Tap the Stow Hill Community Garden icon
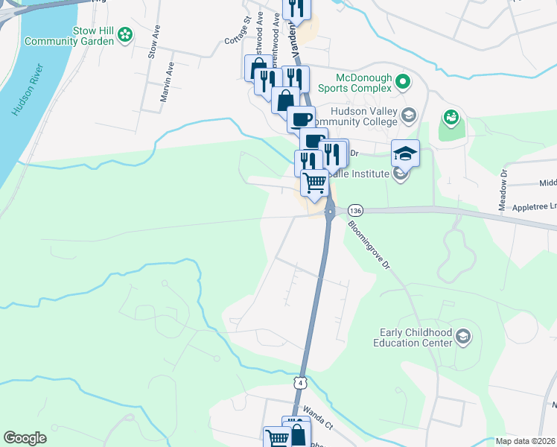click(125, 34)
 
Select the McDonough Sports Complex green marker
click(403, 82)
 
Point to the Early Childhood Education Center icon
click(463, 337)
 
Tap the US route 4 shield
click(299, 382)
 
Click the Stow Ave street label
click(154, 42)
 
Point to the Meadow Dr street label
click(504, 184)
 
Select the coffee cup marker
click(302, 118)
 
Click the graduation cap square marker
click(405, 153)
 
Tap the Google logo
click(25, 438)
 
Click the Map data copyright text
click(526, 441)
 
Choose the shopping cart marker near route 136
click(315, 182)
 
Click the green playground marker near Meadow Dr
click(450, 117)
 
